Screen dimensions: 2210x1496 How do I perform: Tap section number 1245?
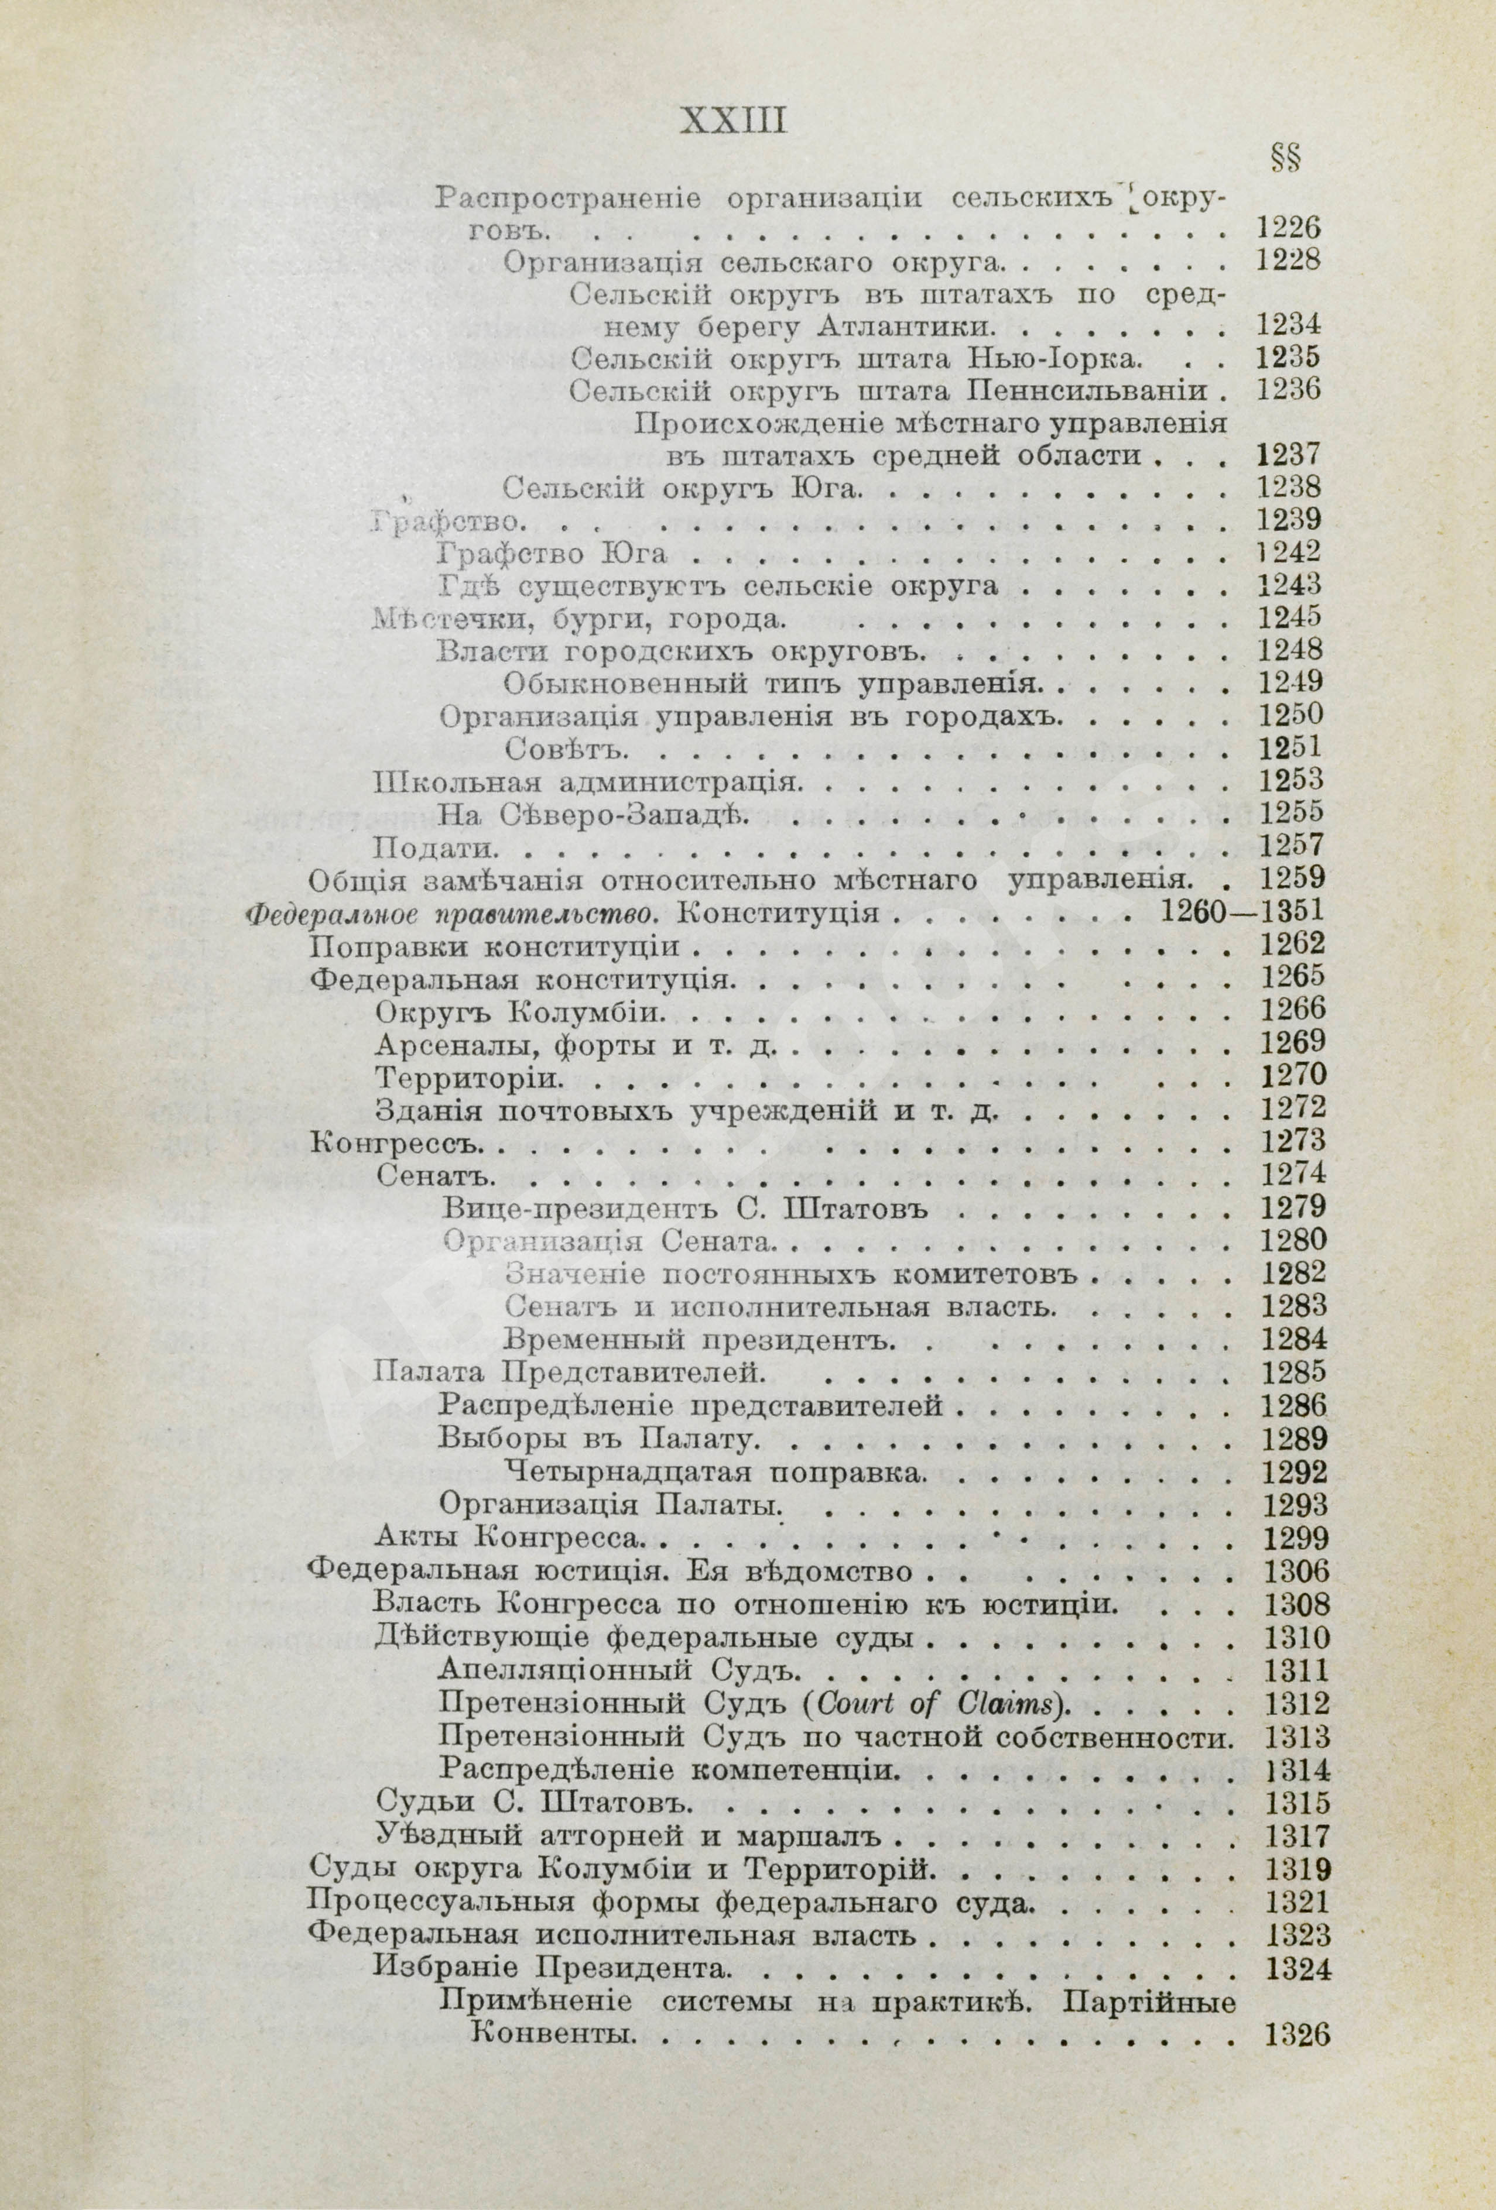[x=1290, y=617]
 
